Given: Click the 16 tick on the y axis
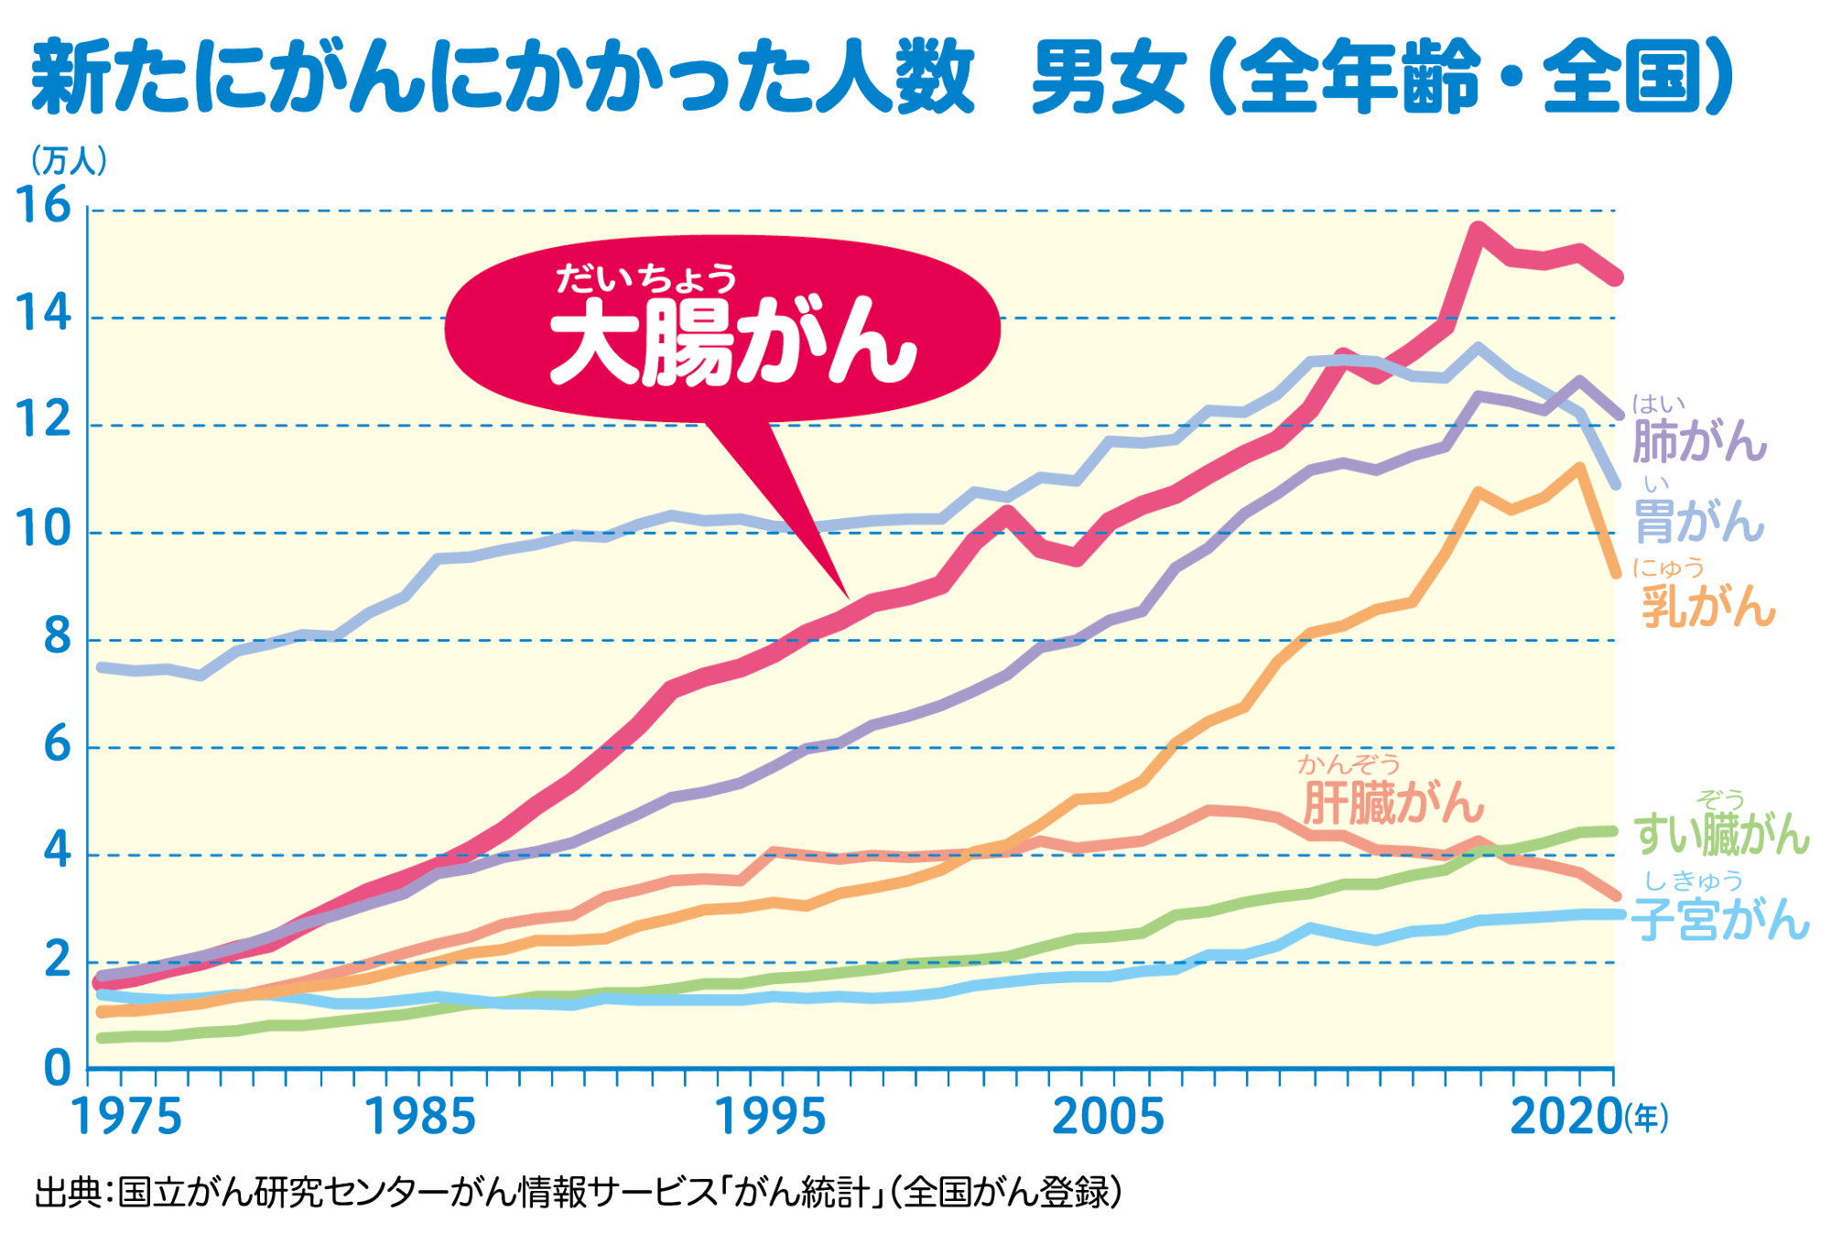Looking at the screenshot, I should pos(43,205).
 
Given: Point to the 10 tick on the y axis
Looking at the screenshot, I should pos(43,529).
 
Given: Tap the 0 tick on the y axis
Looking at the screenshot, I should pos(57,1068).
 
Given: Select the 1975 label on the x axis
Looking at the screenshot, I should pos(126,1118).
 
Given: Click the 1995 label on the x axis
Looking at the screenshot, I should pos(769,1118).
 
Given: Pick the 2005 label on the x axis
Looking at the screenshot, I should pos(1108,1118).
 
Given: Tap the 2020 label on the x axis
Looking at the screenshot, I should pos(1565,1118).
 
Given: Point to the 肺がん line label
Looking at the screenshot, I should pos(1699,440).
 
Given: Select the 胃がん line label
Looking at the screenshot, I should pos(1699,522).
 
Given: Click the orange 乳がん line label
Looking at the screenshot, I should pos(1708,605).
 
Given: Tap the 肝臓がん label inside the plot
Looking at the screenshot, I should pos(1392,804).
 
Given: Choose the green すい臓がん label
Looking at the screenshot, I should pos(1721,833).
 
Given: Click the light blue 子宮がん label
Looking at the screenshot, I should pos(1721,919).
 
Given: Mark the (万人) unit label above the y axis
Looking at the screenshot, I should pos(69,161).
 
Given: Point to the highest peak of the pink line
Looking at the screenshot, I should pos(1478,228).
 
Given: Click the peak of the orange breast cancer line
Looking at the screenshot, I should pos(1579,469).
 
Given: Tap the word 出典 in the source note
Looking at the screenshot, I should pos(68,1192).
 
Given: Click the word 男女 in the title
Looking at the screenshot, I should pos(1109,78).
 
